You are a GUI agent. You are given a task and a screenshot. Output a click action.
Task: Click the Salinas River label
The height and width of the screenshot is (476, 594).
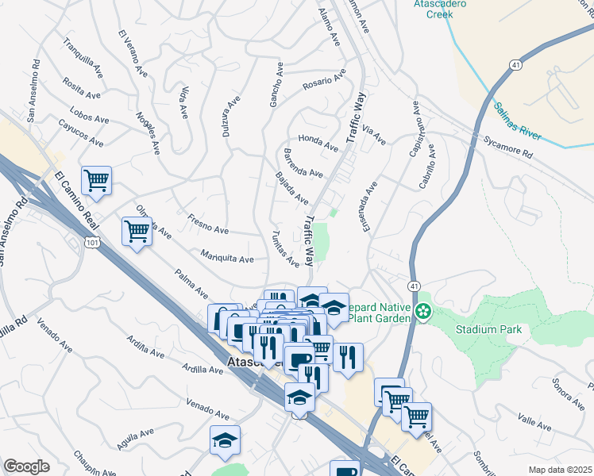click(517, 121)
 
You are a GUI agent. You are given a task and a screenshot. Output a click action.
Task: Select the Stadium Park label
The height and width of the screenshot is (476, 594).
click(487, 328)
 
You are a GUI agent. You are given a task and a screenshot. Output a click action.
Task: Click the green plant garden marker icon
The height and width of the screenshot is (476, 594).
click(424, 313)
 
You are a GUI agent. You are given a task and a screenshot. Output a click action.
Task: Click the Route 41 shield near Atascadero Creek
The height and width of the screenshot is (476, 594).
click(515, 70)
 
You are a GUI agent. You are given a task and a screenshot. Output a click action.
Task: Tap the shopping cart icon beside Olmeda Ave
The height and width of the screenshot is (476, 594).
click(137, 231)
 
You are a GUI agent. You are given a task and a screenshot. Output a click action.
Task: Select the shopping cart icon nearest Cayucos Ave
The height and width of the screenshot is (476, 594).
click(96, 180)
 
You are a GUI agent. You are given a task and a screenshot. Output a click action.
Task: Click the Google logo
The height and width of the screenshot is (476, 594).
click(26, 466)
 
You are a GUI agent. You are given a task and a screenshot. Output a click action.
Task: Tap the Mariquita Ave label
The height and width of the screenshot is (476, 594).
click(227, 258)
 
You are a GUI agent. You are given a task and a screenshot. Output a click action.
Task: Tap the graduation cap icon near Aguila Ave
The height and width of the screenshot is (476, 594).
click(225, 440)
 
